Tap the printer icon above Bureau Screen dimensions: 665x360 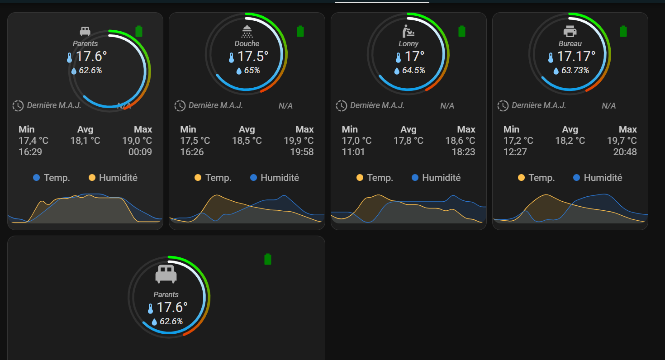pos(570,31)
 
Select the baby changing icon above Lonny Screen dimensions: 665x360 pos(408,31)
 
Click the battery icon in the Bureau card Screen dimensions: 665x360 pos(623,31)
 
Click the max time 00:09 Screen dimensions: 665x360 pos(140,152)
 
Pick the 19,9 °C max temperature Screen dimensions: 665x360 pos(299,140)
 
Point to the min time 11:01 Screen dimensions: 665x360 pos(353,152)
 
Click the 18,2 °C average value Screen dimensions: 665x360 pos(570,140)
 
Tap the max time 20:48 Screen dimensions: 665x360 pos(625,152)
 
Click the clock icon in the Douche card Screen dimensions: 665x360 pos(180,106)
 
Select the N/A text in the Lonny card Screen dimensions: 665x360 pos(447,106)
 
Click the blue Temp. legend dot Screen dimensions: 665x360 pos(36,177)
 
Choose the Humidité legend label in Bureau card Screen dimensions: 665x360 pos(603,177)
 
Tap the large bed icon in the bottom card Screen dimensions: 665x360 pos(166,273)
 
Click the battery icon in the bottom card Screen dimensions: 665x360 pos(267,259)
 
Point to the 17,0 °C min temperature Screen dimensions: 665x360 pos(356,140)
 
